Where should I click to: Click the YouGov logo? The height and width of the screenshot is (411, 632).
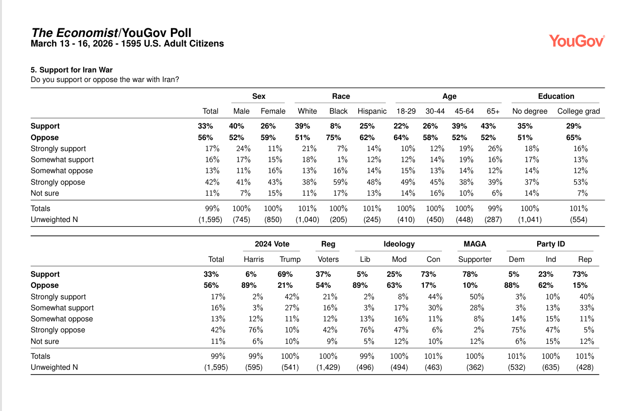pos(576,41)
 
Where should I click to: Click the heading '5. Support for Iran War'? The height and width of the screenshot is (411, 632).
pos(72,70)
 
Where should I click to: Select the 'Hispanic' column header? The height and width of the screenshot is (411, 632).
pos(372,111)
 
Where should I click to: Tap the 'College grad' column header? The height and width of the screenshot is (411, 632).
pos(578,111)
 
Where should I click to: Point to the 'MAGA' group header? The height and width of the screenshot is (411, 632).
pos(475,244)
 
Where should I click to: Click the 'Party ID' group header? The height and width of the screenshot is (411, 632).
pos(551,244)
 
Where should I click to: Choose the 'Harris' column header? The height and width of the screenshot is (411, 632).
pos(254,259)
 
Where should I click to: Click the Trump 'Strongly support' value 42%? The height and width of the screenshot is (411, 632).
pos(292,297)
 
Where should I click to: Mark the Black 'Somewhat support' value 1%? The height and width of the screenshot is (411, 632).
pos(341,160)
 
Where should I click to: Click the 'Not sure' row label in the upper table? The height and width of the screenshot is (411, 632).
pos(45,193)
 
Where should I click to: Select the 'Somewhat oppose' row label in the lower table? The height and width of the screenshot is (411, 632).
pos(62,319)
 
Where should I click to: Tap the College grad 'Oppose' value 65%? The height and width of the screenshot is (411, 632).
pos(574,138)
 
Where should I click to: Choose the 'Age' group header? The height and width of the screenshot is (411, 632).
pos(449,96)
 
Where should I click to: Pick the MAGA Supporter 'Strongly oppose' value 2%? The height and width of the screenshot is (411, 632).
pos(479,330)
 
